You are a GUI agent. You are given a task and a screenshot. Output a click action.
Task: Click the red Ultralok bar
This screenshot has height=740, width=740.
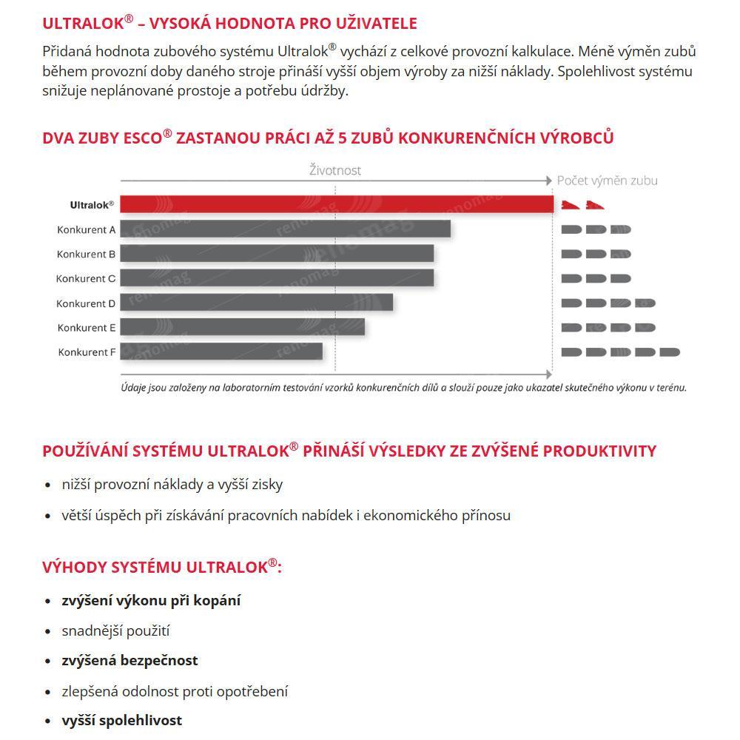click(x=337, y=204)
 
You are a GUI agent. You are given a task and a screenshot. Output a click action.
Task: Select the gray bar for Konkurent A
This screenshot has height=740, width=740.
click(x=285, y=229)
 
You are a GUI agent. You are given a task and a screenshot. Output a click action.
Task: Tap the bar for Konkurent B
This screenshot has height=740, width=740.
click(x=277, y=254)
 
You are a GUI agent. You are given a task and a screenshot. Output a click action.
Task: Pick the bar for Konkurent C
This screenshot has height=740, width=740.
click(x=277, y=278)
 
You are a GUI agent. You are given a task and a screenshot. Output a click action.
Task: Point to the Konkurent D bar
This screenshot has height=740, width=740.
click(x=256, y=303)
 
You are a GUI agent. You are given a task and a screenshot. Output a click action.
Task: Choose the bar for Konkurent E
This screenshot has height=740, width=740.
click(x=242, y=327)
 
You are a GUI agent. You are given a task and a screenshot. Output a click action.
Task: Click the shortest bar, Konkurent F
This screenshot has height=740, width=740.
click(x=221, y=351)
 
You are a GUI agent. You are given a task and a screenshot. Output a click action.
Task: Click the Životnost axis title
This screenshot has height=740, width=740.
click(x=335, y=170)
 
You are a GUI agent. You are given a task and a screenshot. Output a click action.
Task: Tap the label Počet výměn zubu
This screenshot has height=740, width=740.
click(x=607, y=181)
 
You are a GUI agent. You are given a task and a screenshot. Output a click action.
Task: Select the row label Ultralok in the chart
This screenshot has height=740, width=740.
click(x=92, y=205)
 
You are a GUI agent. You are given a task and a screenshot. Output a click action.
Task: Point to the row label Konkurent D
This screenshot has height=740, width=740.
click(x=86, y=303)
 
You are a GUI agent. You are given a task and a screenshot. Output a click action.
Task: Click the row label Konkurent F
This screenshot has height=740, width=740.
click(x=87, y=352)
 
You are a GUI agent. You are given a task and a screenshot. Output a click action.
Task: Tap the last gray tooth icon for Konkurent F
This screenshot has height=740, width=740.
click(x=670, y=352)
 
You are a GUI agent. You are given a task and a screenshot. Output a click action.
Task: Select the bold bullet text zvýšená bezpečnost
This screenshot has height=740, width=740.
click(x=129, y=660)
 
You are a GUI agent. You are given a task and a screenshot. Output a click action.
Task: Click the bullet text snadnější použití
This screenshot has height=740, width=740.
click(x=115, y=630)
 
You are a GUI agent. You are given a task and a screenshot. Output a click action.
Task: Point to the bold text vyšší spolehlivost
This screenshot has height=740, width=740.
click(x=121, y=720)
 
